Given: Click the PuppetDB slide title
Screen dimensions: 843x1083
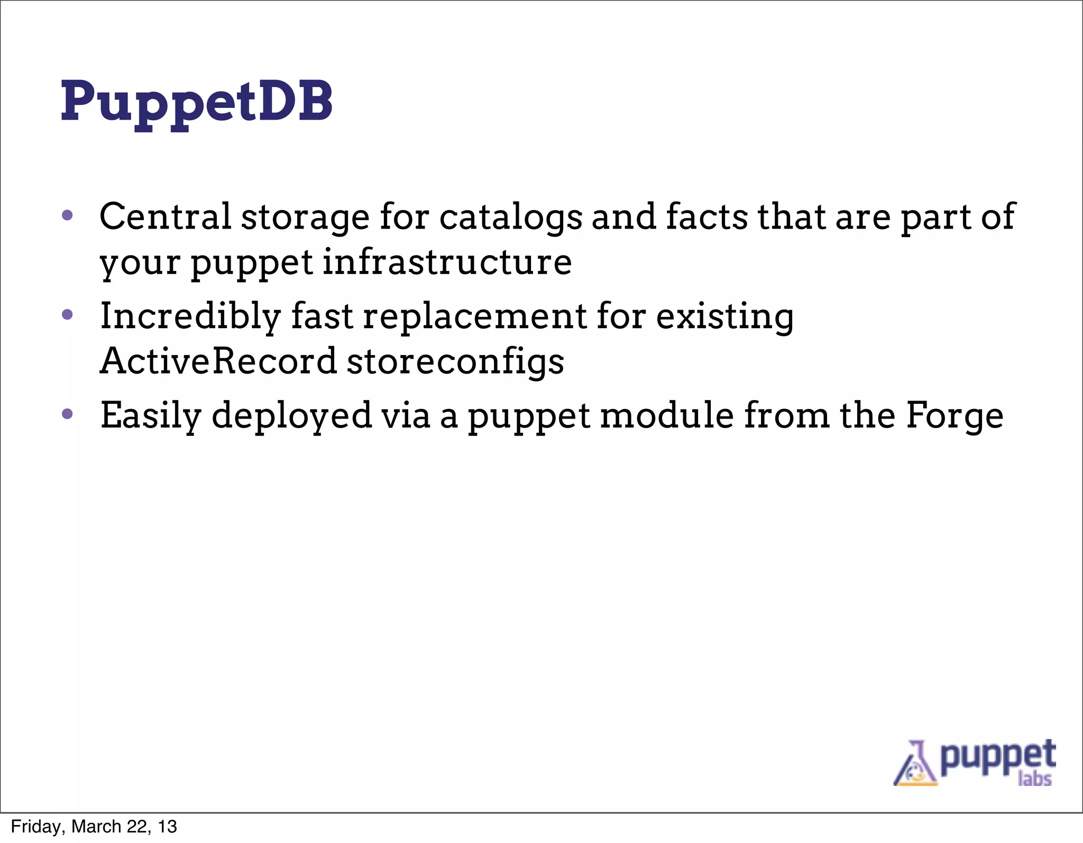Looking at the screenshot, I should [197, 102].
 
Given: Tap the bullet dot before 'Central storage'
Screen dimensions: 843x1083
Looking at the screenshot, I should [67, 215].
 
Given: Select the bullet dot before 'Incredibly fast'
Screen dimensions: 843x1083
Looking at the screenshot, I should [67, 315].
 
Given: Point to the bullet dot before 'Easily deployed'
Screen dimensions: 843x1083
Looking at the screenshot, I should [67, 414].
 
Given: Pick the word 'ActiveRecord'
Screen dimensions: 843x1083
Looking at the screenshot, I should [218, 361].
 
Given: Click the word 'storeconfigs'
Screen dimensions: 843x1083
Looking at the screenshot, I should [455, 362].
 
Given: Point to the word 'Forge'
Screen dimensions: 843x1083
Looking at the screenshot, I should [954, 416].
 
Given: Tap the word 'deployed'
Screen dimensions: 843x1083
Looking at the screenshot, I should [291, 416].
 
